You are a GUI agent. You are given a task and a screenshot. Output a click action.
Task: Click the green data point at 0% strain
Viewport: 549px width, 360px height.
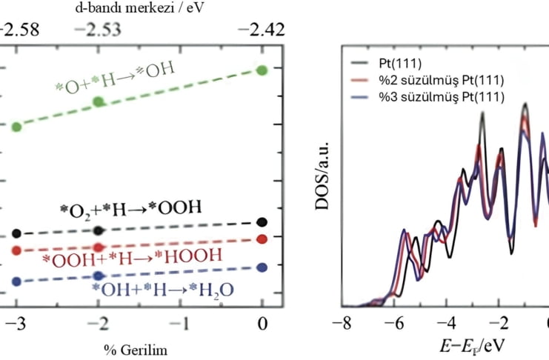[x=262, y=70]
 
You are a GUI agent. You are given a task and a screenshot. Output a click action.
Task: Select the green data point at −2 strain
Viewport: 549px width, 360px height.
[x=98, y=100]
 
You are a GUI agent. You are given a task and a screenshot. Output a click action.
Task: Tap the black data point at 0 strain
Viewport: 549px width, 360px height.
[x=262, y=221]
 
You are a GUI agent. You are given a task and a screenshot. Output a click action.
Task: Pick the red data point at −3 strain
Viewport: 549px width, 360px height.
[x=16, y=250]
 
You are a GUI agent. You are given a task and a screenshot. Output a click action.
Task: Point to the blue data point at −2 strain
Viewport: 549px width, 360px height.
[x=98, y=276]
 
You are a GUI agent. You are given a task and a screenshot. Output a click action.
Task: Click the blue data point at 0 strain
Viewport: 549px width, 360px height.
[x=262, y=267]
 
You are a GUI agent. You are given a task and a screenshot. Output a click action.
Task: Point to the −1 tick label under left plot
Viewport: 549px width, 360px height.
[x=181, y=324]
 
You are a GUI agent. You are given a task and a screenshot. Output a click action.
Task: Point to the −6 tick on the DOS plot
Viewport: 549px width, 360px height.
[x=399, y=324]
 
